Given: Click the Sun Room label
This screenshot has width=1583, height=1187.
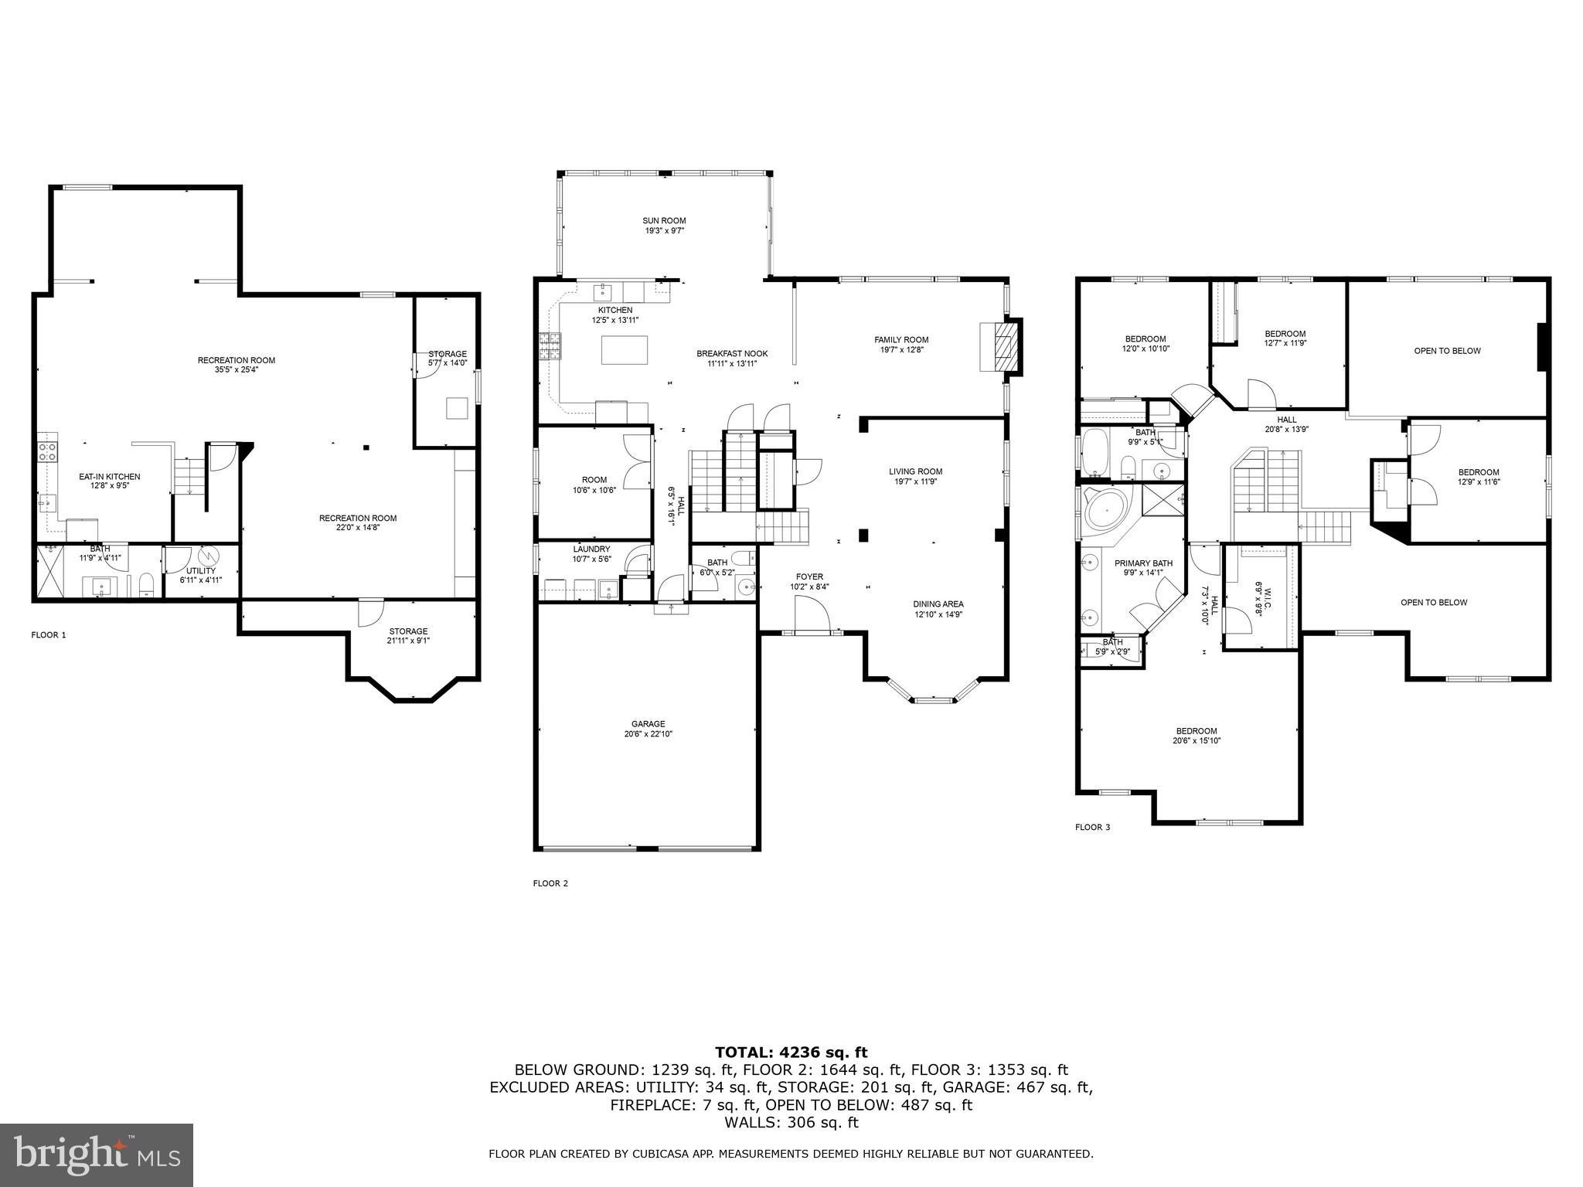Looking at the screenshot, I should point(664,220).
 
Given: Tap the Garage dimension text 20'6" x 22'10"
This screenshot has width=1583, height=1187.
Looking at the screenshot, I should point(647,734).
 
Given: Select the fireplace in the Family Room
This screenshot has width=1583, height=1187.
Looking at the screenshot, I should point(1002,347).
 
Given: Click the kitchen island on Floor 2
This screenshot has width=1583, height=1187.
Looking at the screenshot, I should point(625,350).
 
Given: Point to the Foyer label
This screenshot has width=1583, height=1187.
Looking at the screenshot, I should point(809,576).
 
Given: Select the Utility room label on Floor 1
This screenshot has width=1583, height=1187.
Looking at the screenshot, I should point(200,570).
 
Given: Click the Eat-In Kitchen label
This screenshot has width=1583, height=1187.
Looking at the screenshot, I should point(110,477).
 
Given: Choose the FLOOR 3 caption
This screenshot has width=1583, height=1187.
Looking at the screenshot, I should point(1092,827).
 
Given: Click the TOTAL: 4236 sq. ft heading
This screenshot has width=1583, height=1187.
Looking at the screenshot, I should point(791,1052).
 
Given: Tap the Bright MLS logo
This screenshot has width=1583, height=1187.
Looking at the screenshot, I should point(97,1155).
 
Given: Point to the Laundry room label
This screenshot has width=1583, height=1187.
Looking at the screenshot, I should point(591,549).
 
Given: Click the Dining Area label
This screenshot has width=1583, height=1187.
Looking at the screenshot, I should point(938,604).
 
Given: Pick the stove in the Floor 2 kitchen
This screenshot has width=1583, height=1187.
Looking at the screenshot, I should point(551,345).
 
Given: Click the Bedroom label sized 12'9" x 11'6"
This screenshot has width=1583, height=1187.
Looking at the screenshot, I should point(1478,473).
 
